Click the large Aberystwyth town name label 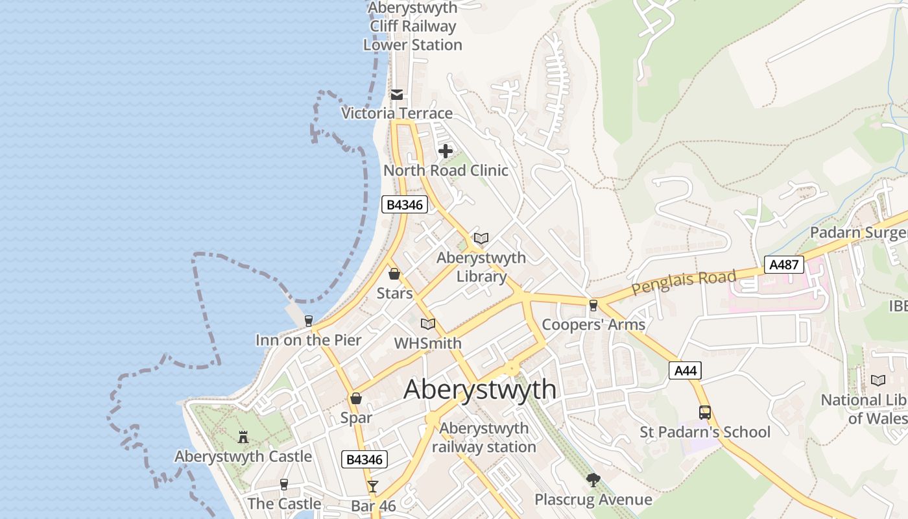[480, 389]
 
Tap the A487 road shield [784, 265]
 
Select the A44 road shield [685, 370]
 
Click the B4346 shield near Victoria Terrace [404, 205]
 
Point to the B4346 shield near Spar [364, 459]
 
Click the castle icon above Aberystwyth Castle [243, 437]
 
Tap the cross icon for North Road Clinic [446, 151]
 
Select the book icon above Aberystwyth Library [481, 238]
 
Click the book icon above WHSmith [428, 324]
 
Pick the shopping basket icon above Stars [394, 274]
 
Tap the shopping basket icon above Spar [356, 398]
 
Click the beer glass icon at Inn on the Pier [308, 320]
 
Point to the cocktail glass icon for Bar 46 [373, 486]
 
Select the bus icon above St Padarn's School [705, 412]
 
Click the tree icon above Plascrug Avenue [593, 480]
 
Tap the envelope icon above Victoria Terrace [397, 95]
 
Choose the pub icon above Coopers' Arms [593, 305]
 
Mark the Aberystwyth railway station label [484, 438]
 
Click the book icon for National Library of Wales [878, 381]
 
